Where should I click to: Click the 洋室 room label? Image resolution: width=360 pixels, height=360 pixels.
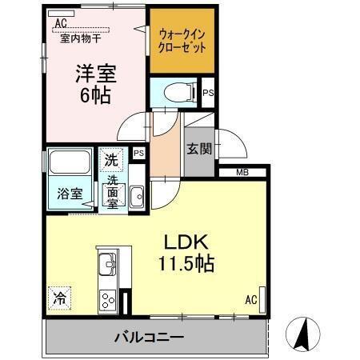(96, 74)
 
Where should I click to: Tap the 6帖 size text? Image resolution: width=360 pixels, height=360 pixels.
(96, 94)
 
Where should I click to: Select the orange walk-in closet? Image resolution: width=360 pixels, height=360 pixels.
(182, 40)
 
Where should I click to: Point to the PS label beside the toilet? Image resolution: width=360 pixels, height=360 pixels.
(208, 94)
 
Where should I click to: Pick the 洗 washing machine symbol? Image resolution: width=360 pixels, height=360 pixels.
(112, 159)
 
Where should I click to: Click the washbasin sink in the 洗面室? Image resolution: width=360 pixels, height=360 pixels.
(136, 194)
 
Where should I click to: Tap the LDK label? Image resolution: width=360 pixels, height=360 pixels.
(187, 242)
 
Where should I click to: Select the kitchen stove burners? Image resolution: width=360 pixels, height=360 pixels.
(107, 301)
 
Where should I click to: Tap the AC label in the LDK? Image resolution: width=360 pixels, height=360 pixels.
(251, 301)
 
